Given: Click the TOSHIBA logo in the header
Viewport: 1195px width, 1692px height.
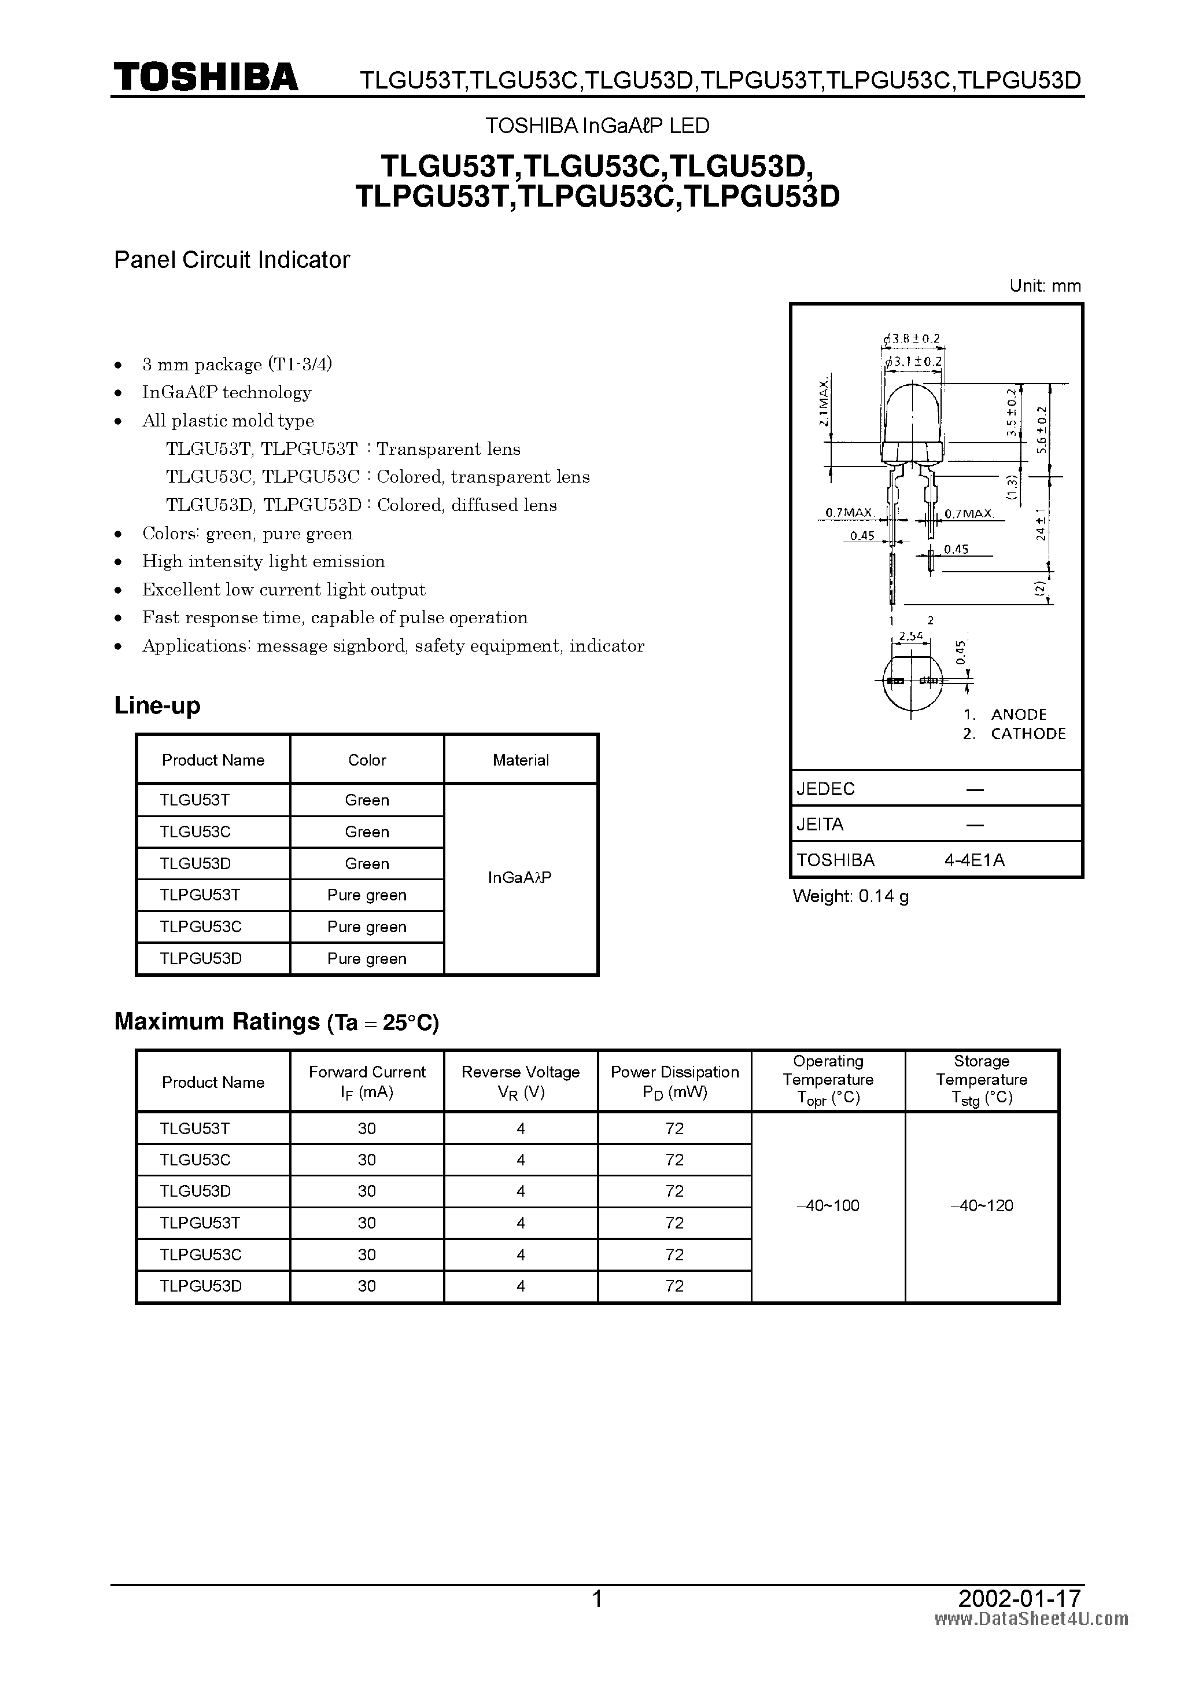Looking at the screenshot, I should tap(205, 78).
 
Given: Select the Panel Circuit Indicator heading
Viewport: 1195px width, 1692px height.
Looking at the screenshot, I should tap(231, 259).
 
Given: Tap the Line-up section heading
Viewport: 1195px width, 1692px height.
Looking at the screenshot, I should tap(157, 705).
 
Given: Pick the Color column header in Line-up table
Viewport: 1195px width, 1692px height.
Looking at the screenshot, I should tap(367, 760).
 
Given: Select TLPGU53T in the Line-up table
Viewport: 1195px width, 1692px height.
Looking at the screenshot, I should tap(200, 895).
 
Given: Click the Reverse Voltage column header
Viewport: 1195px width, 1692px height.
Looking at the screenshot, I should tap(520, 1081).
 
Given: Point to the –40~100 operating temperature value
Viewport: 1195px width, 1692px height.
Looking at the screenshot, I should tap(828, 1205).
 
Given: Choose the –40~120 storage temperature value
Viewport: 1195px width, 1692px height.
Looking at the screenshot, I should tap(982, 1205).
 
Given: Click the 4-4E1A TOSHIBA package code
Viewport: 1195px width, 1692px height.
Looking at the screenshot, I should tap(975, 859).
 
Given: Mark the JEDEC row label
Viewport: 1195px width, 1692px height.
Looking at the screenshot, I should tap(825, 789).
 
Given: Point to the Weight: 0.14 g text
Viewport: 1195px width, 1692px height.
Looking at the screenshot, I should tap(850, 896).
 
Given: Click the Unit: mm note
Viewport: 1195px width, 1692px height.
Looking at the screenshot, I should tap(1045, 286).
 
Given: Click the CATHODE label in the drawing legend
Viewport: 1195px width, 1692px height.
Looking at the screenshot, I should tap(1028, 733).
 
